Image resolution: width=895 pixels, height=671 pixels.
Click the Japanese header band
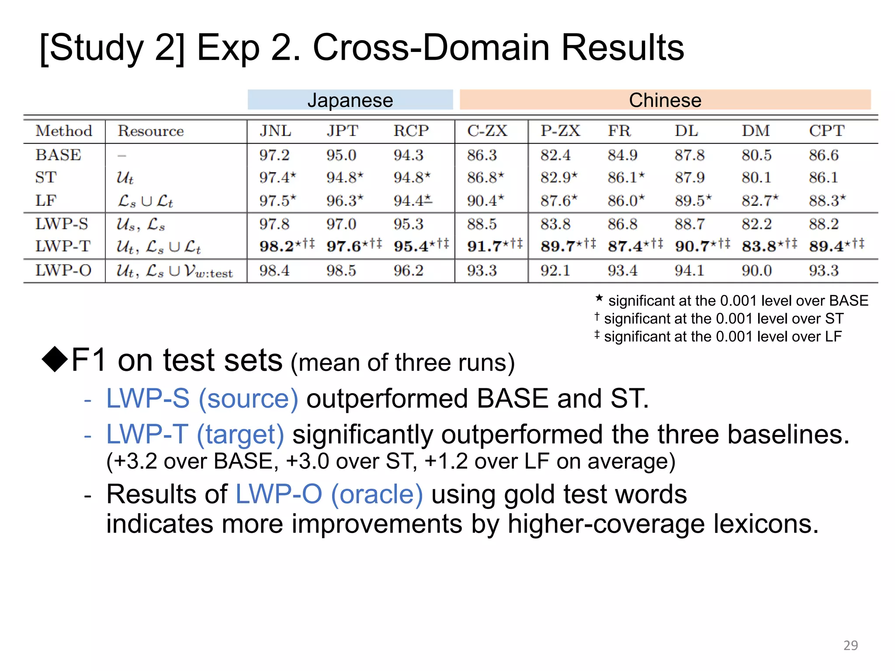tap(350, 100)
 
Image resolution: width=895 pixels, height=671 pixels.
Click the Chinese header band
tap(665, 100)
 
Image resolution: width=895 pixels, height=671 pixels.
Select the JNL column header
tap(275, 131)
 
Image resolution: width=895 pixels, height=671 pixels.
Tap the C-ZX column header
tap(487, 131)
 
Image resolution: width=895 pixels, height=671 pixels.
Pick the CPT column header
tap(826, 131)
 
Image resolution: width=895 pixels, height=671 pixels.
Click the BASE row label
tap(58, 155)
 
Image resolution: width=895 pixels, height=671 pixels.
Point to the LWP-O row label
tap(63, 271)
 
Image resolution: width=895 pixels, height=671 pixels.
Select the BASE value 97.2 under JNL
tap(274, 155)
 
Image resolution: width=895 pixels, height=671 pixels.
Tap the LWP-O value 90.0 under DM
tap(756, 271)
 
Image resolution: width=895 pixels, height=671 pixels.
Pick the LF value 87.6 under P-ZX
tap(555, 201)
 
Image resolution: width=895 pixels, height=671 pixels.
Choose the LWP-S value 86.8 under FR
tap(622, 224)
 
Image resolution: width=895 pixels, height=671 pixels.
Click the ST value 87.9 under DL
tap(690, 178)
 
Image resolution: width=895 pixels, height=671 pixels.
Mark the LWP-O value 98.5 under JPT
tap(341, 271)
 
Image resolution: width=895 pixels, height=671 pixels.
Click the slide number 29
tap(850, 645)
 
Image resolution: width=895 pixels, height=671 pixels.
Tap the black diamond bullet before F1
tap(55, 359)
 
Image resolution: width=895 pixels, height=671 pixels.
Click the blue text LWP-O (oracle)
tap(329, 495)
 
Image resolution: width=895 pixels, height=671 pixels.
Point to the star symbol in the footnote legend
tap(599, 299)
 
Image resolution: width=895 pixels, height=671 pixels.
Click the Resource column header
tap(150, 131)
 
